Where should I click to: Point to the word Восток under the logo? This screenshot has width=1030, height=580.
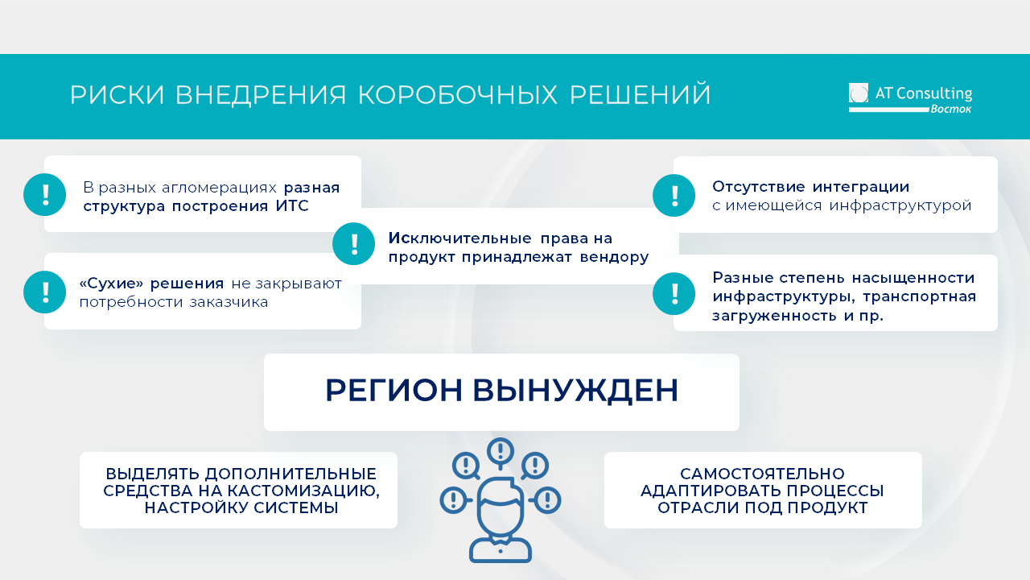(x=951, y=109)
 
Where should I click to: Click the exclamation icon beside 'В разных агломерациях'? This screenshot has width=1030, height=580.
(x=45, y=194)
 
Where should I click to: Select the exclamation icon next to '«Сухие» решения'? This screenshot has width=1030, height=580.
(x=45, y=292)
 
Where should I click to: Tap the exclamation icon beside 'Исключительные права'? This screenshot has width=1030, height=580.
(x=354, y=243)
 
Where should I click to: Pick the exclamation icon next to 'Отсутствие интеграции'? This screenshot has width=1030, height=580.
(x=674, y=195)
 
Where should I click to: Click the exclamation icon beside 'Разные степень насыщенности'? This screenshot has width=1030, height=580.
(x=674, y=292)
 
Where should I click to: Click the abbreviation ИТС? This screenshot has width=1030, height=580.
(x=292, y=206)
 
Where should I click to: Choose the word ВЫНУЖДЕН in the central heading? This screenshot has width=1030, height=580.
(x=575, y=391)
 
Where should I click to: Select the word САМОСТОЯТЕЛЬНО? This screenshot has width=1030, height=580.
(x=762, y=474)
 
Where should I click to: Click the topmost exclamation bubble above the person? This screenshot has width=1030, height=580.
(x=501, y=449)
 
